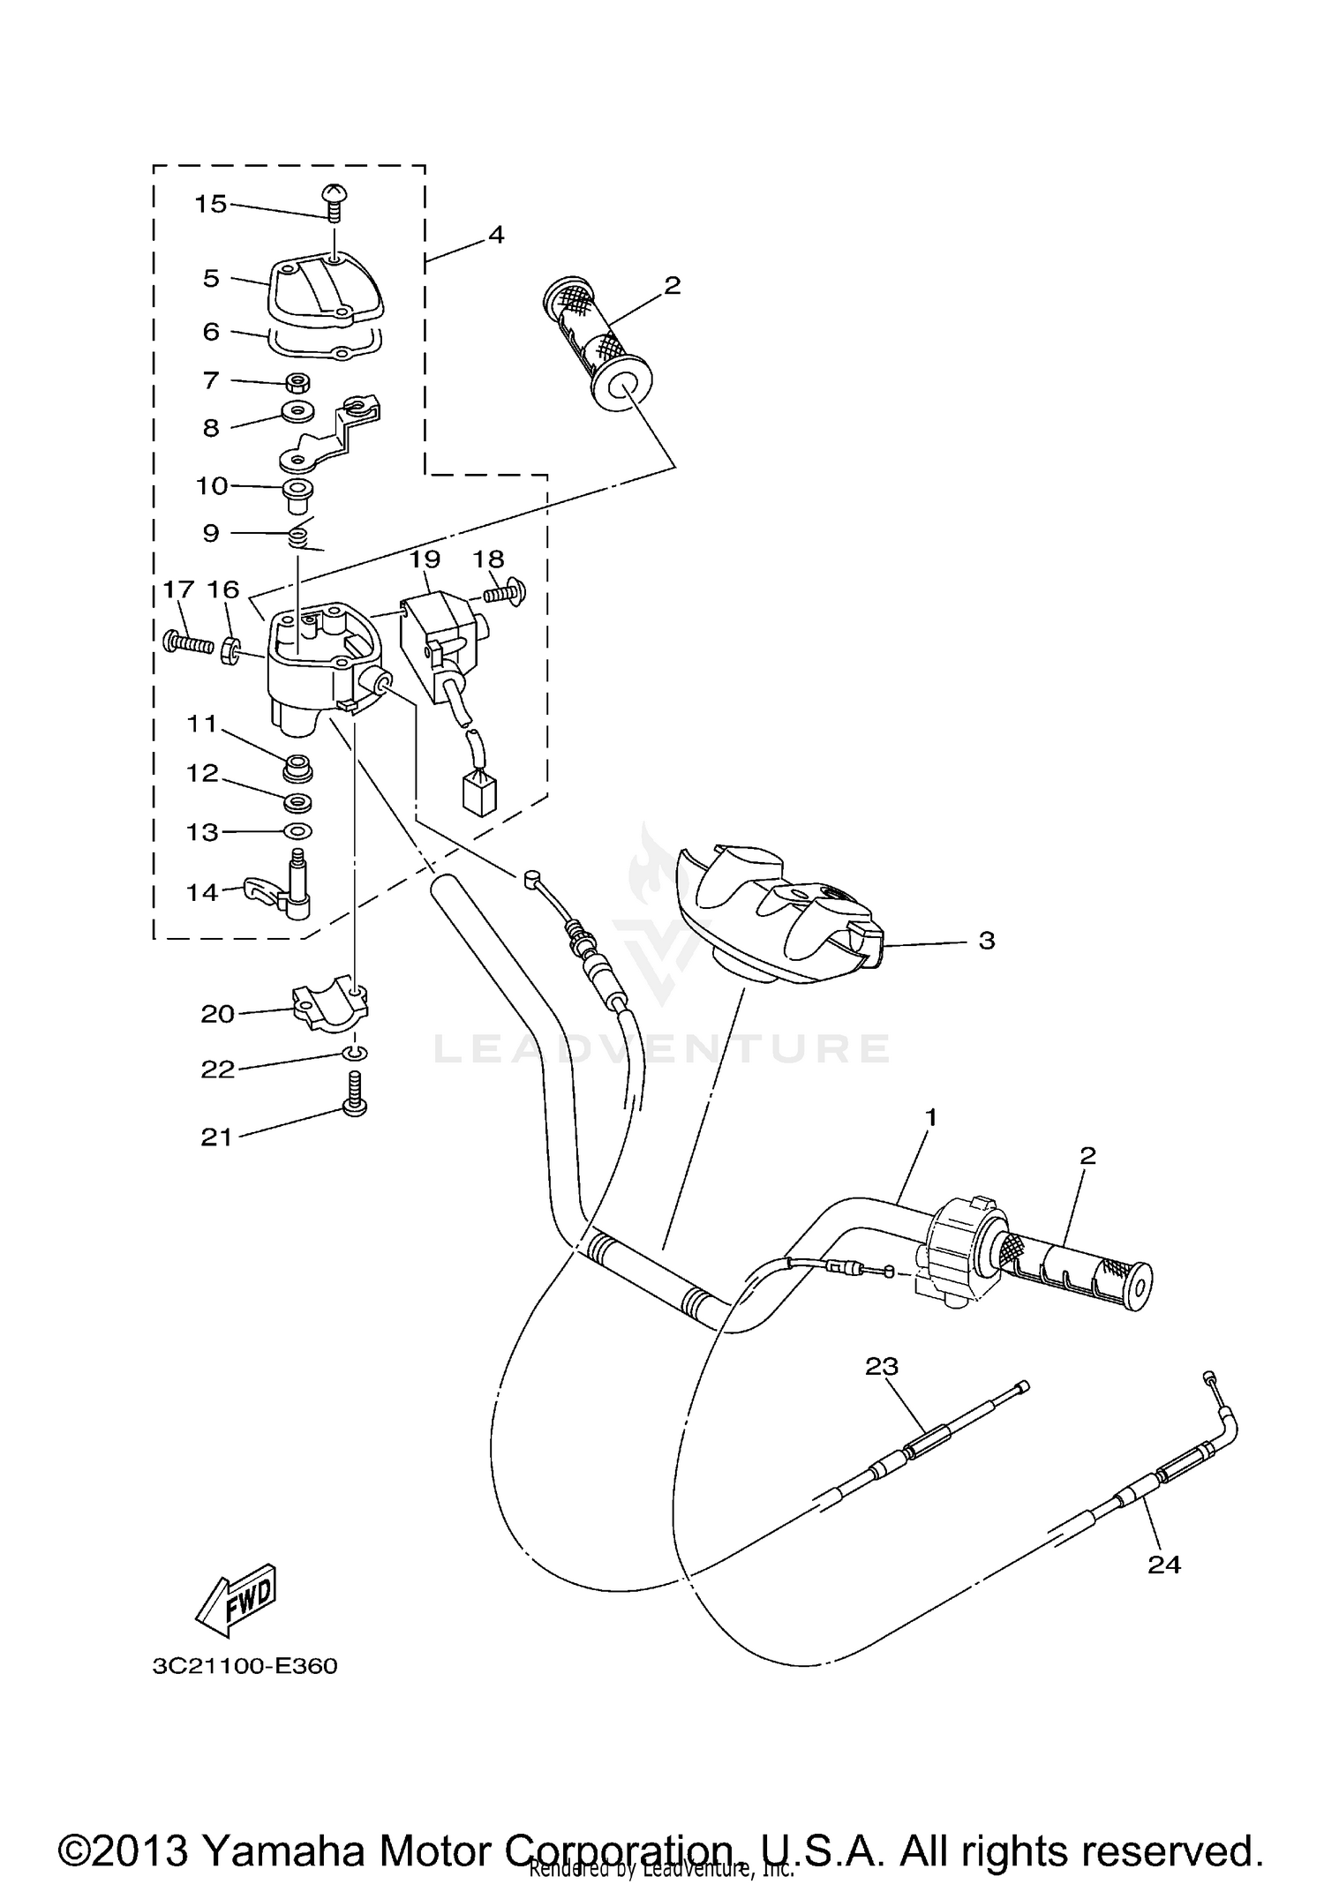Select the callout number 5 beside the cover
(x=211, y=279)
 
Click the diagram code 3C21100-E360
(x=244, y=1666)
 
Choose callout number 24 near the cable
(x=1163, y=1564)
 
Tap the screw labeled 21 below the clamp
(x=355, y=1096)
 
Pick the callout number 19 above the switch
(x=425, y=559)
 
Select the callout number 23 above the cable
(x=881, y=1366)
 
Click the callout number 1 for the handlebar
(x=930, y=1117)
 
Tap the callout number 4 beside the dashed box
(x=496, y=235)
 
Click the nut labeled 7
(x=297, y=382)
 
